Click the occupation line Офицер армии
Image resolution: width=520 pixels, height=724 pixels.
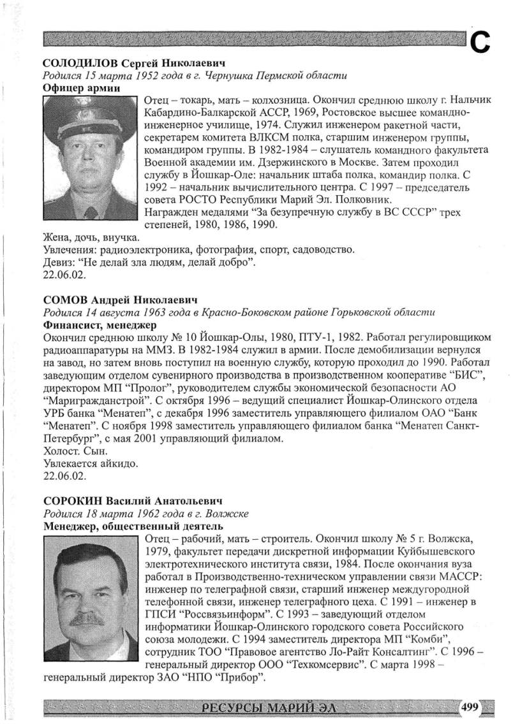(81, 88)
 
